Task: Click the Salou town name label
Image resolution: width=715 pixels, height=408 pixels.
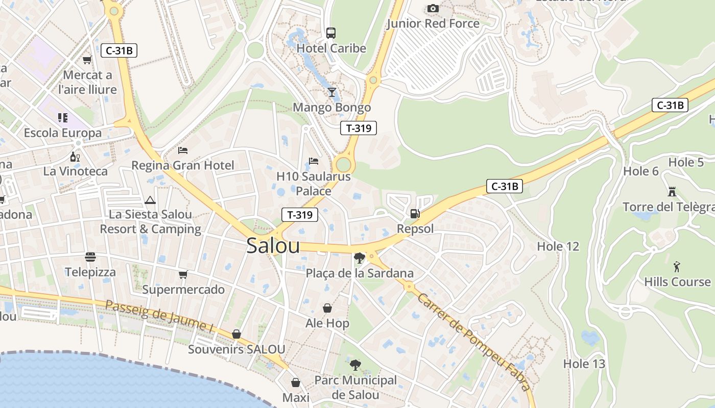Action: coord(273,246)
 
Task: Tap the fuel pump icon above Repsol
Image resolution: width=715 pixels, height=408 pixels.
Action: coord(415,214)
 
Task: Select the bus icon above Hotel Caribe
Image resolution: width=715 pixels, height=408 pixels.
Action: coord(331,33)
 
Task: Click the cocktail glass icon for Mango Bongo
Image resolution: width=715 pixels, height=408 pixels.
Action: coord(332,92)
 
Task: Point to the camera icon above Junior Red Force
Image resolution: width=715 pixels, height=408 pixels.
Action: coord(433,9)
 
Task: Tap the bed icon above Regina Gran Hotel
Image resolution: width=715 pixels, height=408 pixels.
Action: coord(183,150)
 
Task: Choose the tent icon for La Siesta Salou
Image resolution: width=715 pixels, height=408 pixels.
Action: coord(150,200)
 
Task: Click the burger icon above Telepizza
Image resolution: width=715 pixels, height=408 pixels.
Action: coord(90,257)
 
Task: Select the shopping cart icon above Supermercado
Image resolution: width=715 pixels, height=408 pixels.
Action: coord(183,275)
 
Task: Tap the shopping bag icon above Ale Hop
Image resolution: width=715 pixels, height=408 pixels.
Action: coord(327,308)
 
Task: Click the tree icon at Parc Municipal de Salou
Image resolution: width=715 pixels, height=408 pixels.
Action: coord(355,365)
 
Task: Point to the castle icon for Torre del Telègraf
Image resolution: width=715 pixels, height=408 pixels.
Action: coord(672,192)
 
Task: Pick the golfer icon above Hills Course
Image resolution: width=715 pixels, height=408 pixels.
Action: coord(677,267)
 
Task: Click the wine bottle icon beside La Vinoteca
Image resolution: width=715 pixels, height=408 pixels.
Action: coord(75,157)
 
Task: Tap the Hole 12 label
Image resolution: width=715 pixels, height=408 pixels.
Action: coord(558,247)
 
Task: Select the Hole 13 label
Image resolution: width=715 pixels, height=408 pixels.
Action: coord(584,364)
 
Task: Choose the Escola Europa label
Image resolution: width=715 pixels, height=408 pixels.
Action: coord(63,133)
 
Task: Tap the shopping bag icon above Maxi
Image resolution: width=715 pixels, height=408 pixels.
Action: coord(296,382)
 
